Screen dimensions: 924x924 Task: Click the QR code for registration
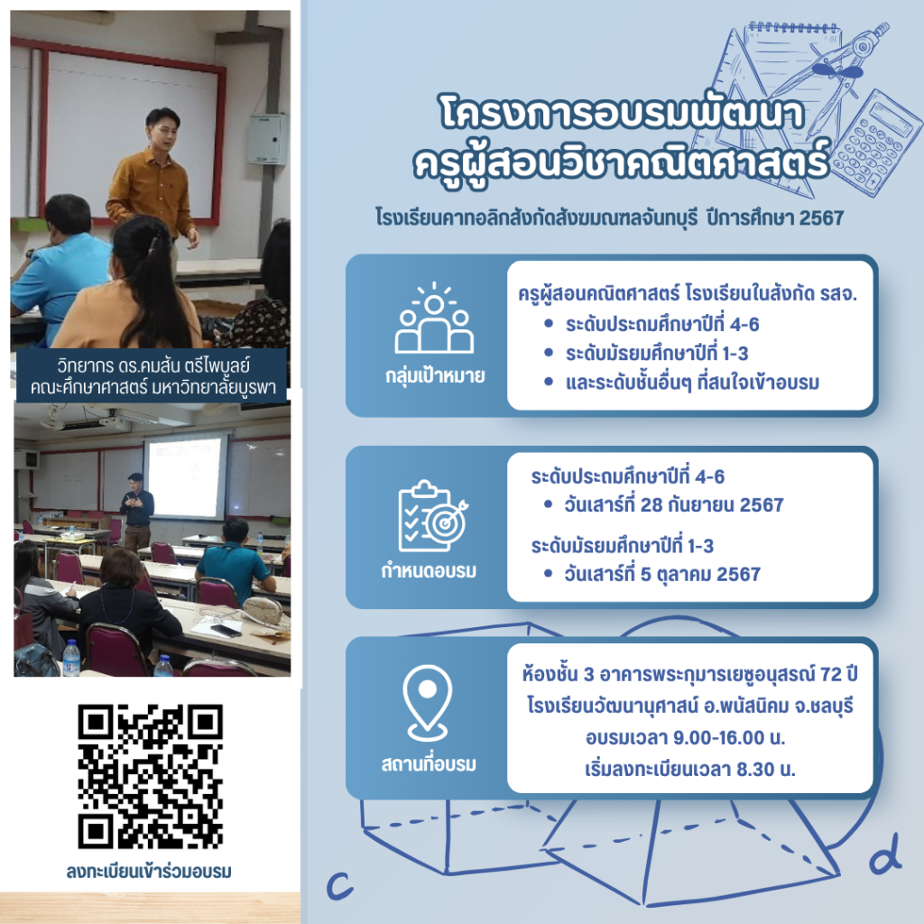(x=151, y=776)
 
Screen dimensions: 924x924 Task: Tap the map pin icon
(x=428, y=703)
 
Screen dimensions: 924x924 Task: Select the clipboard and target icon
(x=433, y=516)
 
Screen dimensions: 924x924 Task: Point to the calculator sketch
(x=876, y=143)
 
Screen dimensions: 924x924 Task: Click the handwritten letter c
(x=340, y=884)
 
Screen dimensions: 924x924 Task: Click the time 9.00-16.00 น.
(x=729, y=737)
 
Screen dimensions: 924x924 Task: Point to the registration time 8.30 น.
(x=765, y=769)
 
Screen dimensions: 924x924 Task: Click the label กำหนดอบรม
(x=429, y=570)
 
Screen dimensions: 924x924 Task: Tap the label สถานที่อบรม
(x=429, y=763)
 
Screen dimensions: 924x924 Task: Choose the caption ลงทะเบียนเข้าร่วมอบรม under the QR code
(x=149, y=871)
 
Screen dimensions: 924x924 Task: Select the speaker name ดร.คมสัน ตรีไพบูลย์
(x=184, y=365)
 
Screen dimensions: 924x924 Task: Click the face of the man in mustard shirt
(x=162, y=133)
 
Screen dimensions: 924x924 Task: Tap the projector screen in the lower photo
(x=185, y=476)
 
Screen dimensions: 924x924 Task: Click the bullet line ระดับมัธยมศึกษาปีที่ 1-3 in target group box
(x=657, y=354)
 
